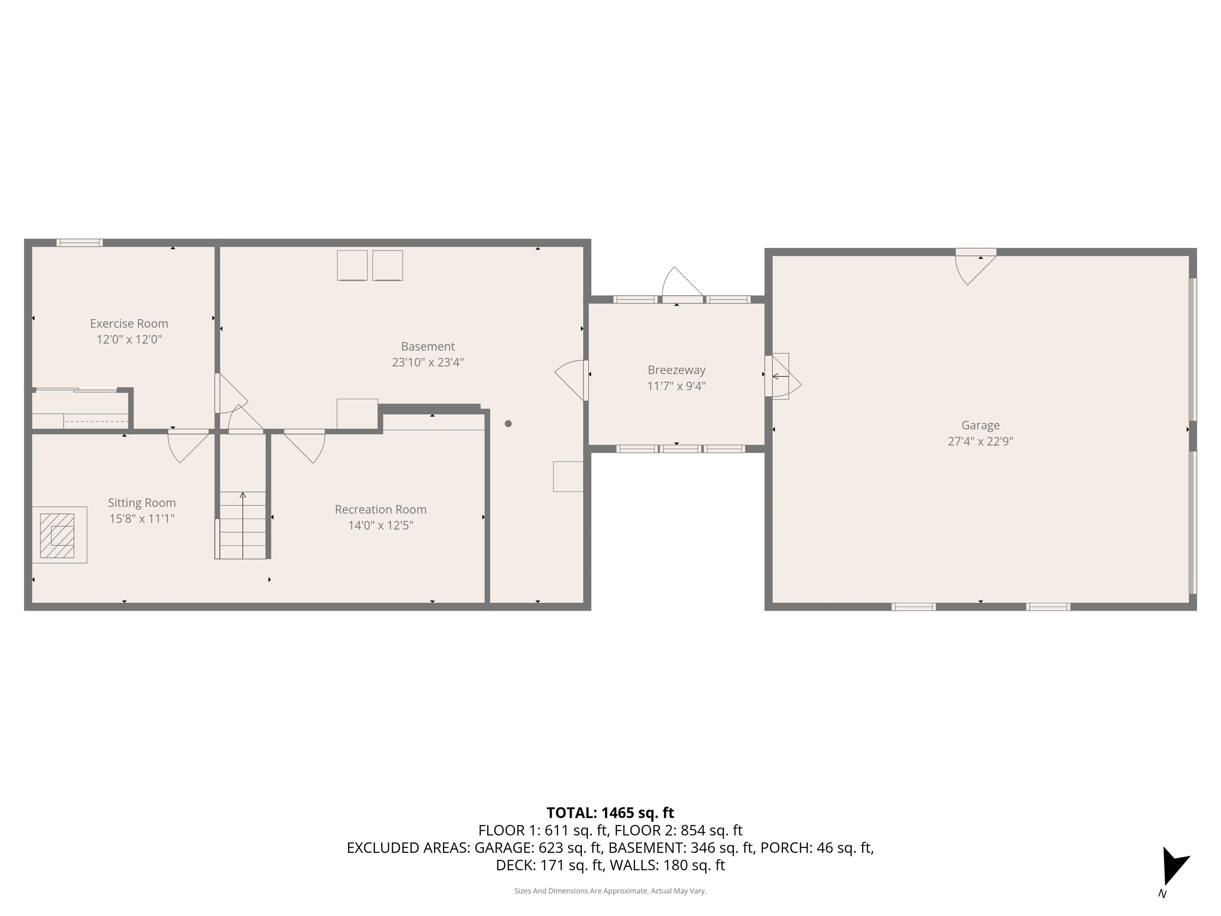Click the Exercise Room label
coord(129,324)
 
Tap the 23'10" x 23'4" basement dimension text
coord(428,363)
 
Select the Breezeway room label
coord(676,370)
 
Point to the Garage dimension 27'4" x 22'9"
coord(980,441)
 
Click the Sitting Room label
coord(142,503)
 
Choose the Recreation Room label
coord(380,509)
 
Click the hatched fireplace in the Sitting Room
coord(57,536)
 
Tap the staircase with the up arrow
coord(243,524)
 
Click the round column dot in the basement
coord(508,423)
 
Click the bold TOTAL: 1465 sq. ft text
coord(610,813)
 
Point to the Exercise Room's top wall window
coord(79,243)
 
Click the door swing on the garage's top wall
coord(975,268)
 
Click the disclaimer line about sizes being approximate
coord(610,891)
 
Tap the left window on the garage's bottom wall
coord(913,607)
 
